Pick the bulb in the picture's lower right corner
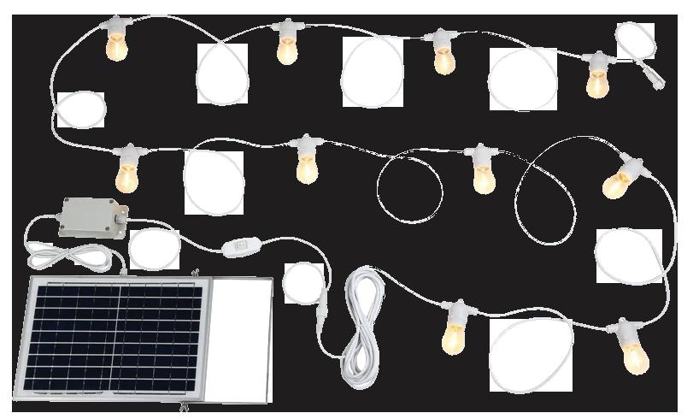click(634, 357)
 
